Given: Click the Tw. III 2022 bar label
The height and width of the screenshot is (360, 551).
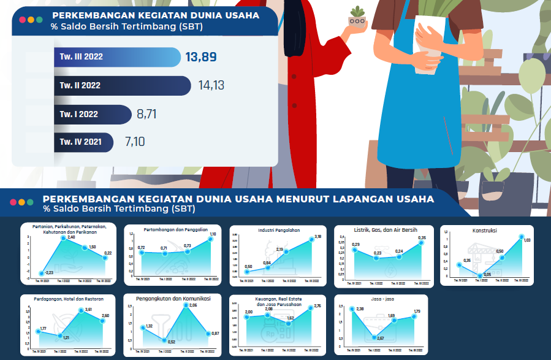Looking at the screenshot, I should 81,57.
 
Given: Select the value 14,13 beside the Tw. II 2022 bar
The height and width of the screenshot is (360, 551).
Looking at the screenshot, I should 211,85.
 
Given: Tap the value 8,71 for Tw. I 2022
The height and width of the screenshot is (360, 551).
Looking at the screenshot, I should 148,114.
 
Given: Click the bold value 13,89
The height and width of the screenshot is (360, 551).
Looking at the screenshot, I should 200,57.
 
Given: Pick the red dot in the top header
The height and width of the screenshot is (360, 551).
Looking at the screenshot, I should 22,20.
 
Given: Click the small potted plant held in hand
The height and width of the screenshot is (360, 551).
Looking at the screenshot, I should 357,18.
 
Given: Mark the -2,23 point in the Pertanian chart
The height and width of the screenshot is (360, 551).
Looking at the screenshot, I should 41,274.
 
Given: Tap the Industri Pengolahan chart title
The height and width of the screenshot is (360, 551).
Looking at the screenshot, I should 279,231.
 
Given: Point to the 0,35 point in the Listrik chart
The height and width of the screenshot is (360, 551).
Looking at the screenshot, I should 421,243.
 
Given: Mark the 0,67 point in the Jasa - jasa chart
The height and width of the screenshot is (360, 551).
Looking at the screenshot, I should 374,337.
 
